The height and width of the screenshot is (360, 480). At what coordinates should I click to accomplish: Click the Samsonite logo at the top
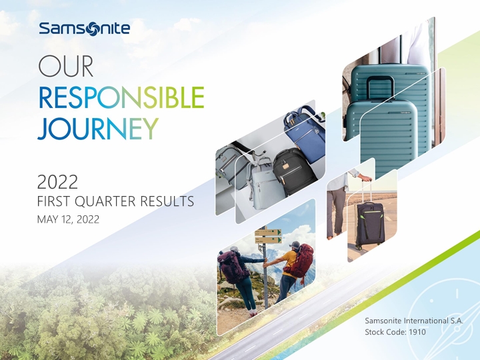coord(84,29)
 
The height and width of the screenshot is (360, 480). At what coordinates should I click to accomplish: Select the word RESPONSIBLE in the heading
coord(121,98)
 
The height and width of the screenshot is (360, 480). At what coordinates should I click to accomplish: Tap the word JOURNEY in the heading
coord(98,127)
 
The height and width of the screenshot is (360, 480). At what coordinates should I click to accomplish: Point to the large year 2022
coord(58,181)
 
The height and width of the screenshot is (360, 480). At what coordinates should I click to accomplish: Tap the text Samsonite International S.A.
coord(413,321)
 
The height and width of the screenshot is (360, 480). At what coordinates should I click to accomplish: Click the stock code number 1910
coord(415,332)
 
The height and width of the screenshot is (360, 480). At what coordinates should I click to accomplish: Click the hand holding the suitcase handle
coord(365,178)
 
